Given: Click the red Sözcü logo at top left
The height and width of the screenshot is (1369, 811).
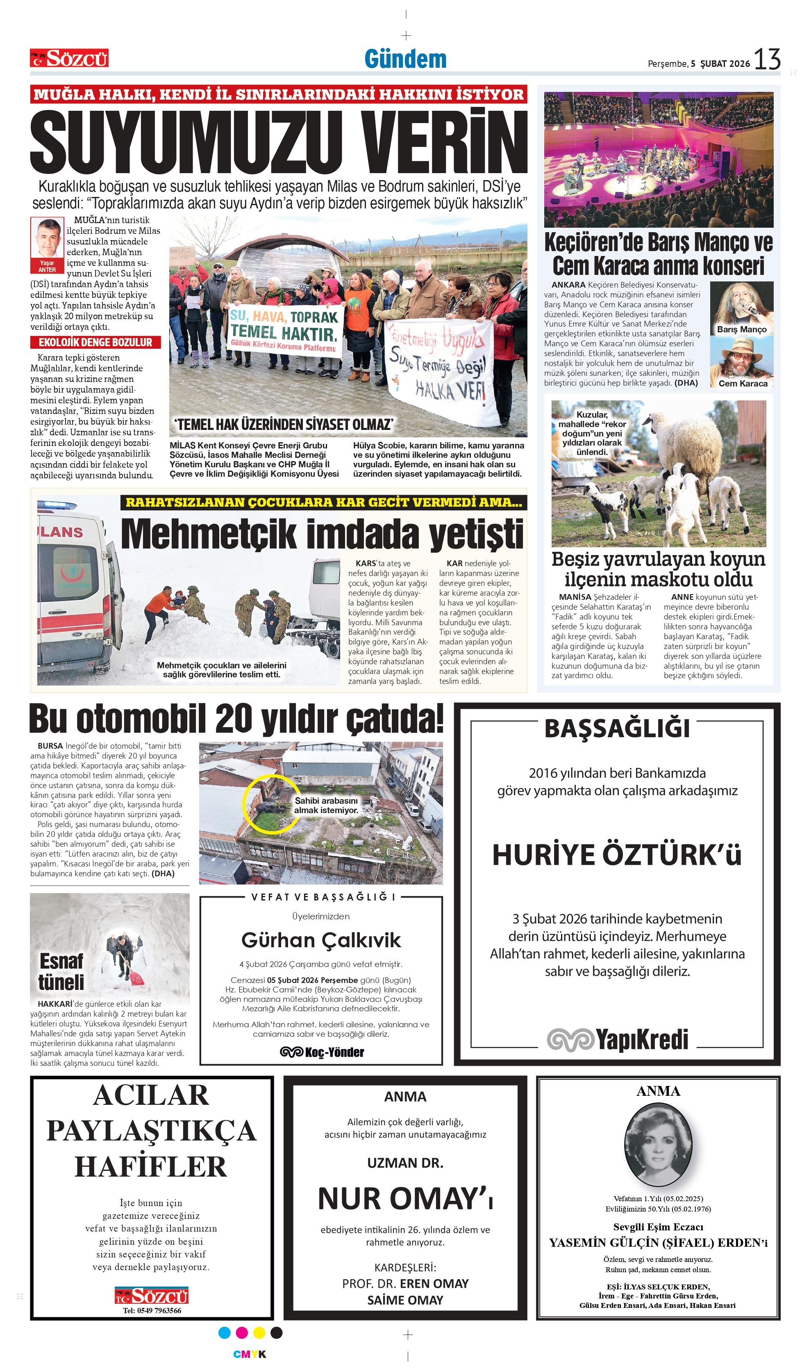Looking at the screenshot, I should pos(69,58).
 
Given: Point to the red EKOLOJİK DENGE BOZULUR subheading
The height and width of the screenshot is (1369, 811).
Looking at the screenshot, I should pos(95,343).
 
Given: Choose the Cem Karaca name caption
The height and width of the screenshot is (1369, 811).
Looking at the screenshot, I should pos(743,384).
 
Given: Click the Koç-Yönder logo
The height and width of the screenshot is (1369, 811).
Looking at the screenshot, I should pos(321,1052).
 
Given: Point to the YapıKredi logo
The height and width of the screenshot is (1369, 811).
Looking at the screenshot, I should pos(617,1039).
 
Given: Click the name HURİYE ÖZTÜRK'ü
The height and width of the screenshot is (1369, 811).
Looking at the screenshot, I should pos(616,855).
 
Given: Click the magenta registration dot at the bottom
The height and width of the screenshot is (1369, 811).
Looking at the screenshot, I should pos(241,1332).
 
